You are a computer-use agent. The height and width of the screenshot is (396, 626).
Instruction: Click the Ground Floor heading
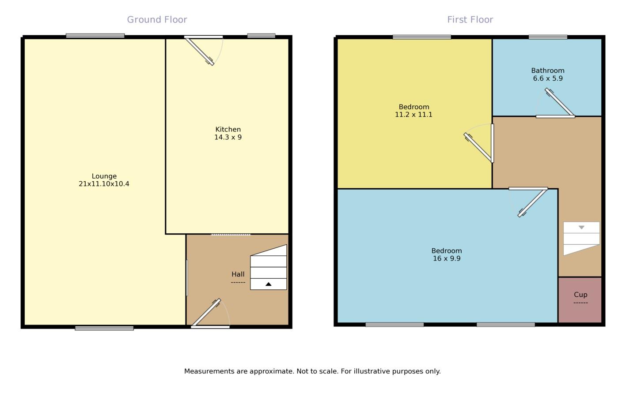coord(157,20)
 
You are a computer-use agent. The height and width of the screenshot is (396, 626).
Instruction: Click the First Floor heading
coord(470,20)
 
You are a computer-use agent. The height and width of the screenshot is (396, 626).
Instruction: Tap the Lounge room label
coord(104,176)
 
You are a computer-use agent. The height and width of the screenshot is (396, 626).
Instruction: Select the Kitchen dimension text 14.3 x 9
coord(228,138)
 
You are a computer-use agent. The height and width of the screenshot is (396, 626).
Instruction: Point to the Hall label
coord(238,274)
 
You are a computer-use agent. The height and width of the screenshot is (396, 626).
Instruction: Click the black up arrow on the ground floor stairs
coord(268,284)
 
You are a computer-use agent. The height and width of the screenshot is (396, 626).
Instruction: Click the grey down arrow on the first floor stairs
coord(581,228)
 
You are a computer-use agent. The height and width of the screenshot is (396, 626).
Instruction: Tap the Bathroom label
coord(548,71)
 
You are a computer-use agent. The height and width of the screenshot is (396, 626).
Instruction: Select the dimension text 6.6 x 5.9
coord(548,78)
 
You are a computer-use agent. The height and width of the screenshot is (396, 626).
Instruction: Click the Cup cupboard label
coord(580,295)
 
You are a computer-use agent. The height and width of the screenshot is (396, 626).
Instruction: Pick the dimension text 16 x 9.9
coord(447,258)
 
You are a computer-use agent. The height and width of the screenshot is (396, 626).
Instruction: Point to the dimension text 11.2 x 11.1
coord(414,115)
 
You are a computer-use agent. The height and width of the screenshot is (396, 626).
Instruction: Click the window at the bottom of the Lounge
coord(104,328)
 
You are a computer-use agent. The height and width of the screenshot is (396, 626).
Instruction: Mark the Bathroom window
coord(548,37)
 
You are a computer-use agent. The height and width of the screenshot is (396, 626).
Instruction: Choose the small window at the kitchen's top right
coord(261,36)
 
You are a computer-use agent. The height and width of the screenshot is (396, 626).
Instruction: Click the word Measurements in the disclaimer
coord(209,371)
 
